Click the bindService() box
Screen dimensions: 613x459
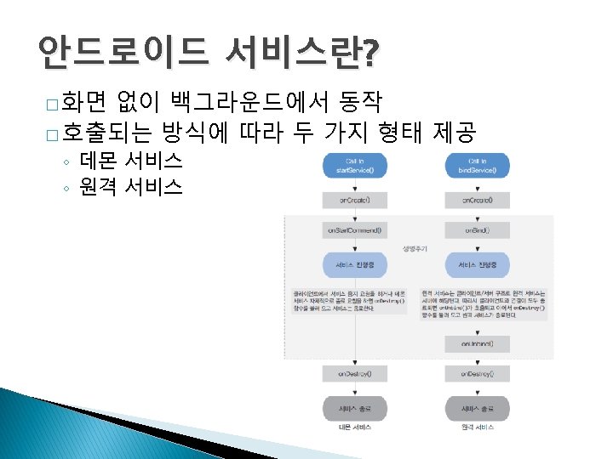click(483, 165)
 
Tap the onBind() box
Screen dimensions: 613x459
click(483, 229)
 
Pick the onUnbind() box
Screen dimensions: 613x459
click(483, 343)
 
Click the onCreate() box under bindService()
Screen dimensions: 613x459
click(483, 201)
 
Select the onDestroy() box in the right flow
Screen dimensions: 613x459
click(483, 373)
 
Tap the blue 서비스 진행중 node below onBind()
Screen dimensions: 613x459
click(483, 265)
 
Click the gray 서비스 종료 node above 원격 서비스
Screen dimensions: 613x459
click(483, 407)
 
